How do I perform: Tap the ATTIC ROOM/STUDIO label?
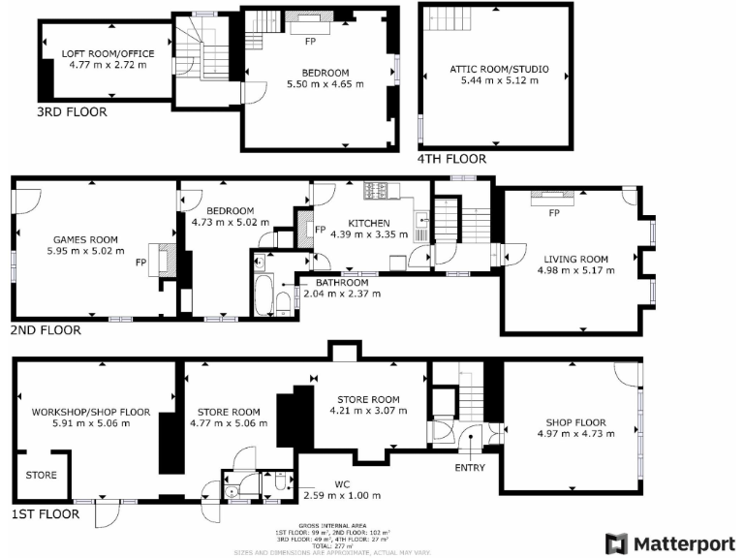pyautogui.click(x=499, y=69)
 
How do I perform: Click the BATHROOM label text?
pyautogui.click(x=342, y=282)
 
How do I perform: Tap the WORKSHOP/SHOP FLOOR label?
pyautogui.click(x=90, y=412)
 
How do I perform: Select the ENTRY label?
pyautogui.click(x=470, y=468)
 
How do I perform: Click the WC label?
pyautogui.click(x=342, y=484)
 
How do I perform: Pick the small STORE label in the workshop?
pyautogui.click(x=42, y=476)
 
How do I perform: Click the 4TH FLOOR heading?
pyautogui.click(x=451, y=159)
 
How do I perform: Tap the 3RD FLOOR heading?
pyautogui.click(x=71, y=112)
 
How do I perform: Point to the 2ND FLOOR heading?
pyautogui.click(x=46, y=330)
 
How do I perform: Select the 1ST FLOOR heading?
pyautogui.click(x=45, y=513)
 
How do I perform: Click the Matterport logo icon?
pyautogui.click(x=616, y=543)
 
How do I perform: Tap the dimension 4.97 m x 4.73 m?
pyautogui.click(x=574, y=435)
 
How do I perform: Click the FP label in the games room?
pyautogui.click(x=140, y=263)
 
